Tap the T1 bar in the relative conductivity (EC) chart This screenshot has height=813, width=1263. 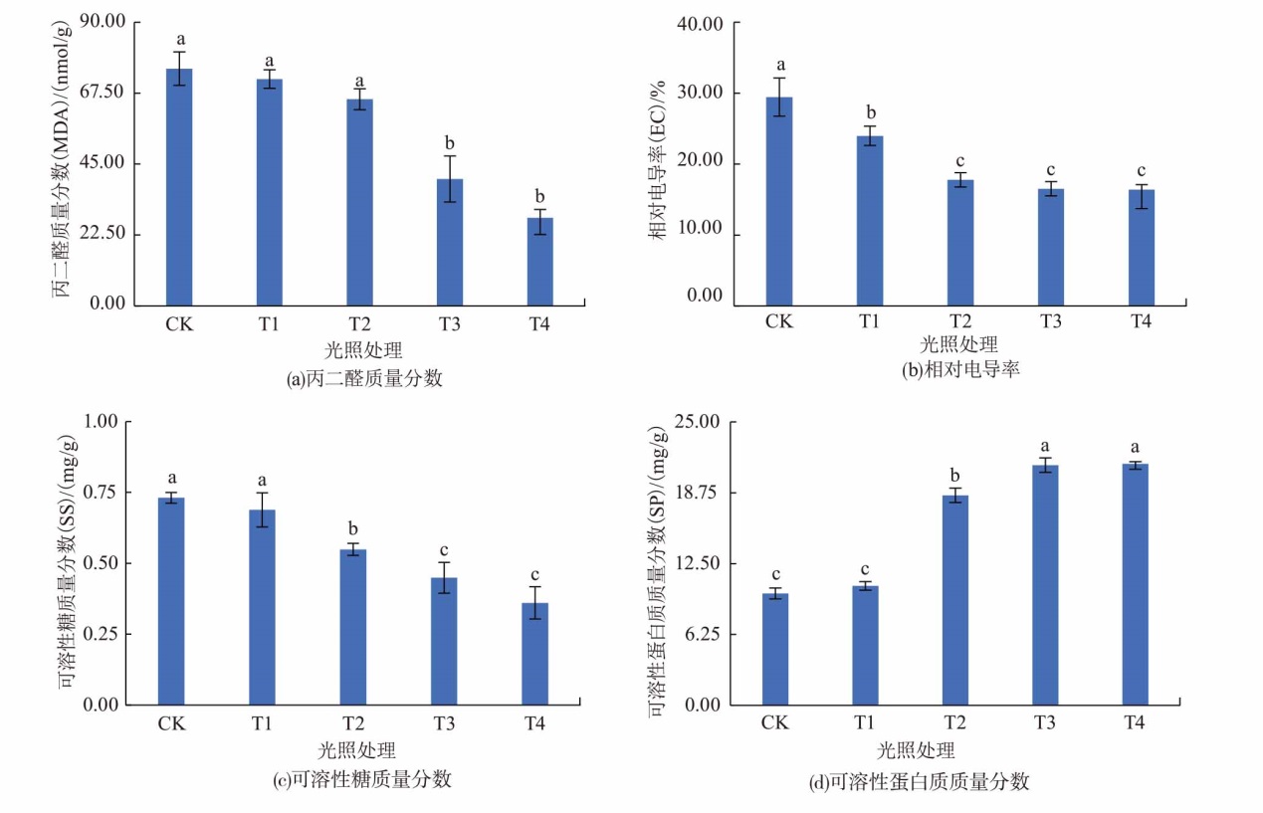point(870,220)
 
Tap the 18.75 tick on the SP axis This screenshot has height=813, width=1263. point(695,493)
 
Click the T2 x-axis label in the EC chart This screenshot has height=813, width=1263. point(959,321)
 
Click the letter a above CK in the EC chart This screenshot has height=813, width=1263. point(780,65)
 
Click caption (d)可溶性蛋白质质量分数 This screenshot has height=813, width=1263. point(919,781)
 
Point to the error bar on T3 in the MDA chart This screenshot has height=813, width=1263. point(450,179)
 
